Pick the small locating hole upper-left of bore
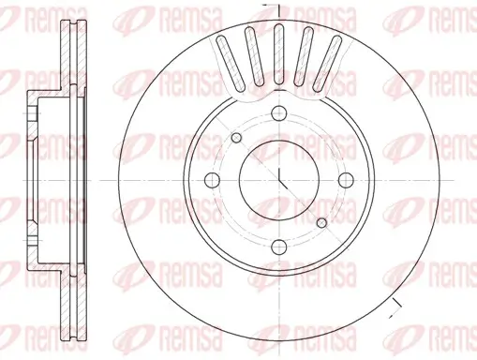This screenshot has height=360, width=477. [236, 139]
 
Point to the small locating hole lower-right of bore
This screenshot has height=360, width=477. [322, 222]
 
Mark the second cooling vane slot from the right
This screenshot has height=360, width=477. [306, 55]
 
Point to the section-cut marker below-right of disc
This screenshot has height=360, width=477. [397, 302]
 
